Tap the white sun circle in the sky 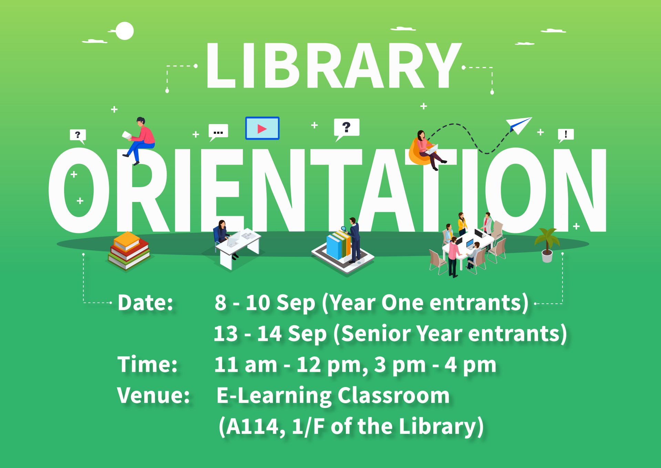coord(124,31)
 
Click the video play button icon coord(262,129)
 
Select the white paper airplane coord(518,124)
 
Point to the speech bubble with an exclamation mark coord(566,134)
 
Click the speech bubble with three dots coord(218,132)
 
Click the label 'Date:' coord(145,303)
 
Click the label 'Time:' coord(147,364)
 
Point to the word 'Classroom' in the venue coord(393,395)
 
